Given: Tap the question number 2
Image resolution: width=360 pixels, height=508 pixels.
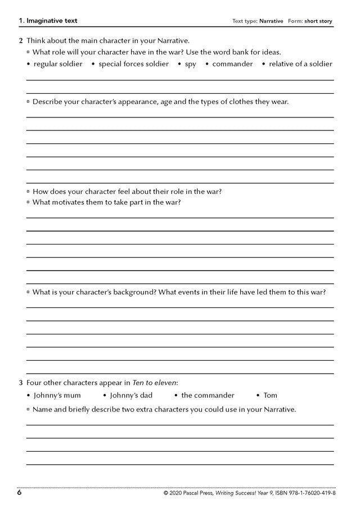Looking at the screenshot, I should pyautogui.click(x=21, y=40).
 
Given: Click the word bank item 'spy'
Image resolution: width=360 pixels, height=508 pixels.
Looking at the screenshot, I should pyautogui.click(x=191, y=64).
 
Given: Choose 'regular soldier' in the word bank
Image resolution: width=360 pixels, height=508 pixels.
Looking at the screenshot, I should pyautogui.click(x=58, y=64).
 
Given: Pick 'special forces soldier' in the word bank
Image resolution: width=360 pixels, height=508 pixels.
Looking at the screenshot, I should pyautogui.click(x=133, y=64).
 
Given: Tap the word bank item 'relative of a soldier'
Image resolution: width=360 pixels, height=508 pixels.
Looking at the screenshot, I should pyautogui.click(x=300, y=64).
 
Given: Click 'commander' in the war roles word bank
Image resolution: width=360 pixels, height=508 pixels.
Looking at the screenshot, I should pyautogui.click(x=232, y=64).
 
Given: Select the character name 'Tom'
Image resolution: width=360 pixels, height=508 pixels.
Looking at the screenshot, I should pyautogui.click(x=271, y=396).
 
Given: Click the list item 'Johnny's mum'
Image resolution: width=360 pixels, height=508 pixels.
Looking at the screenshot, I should pyautogui.click(x=57, y=396).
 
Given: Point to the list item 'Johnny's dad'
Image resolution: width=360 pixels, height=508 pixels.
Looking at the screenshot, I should pyautogui.click(x=131, y=396).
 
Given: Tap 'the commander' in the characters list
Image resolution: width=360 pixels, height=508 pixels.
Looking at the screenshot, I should pyautogui.click(x=208, y=396).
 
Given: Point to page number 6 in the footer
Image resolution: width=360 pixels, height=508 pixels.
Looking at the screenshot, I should pyautogui.click(x=20, y=493).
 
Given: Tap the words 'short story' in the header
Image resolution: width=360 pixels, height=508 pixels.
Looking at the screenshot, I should pyautogui.click(x=318, y=21).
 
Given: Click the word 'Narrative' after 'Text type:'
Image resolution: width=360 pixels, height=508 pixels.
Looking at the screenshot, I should pyautogui.click(x=271, y=21).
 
